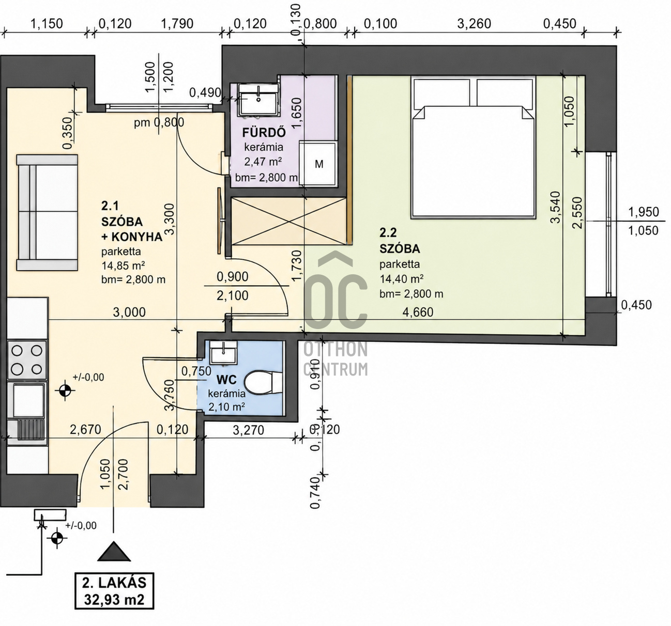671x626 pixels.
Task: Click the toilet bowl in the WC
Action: coord(264,384)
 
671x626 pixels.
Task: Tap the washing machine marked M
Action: coord(318,164)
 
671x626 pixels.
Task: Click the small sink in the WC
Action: coord(223,353)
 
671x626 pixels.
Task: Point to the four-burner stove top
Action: coord(27,359)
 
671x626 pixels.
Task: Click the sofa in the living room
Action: coord(47,212)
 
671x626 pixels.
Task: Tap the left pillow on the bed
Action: coord(443,92)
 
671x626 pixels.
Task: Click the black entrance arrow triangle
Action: coord(114,552)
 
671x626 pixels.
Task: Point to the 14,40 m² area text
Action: coord(402,279)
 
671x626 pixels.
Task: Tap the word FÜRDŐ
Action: coord(264,133)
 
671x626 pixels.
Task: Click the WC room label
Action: coord(227,380)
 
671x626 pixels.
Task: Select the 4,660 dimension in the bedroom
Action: coord(418,311)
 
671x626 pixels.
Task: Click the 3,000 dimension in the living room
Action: coord(129,312)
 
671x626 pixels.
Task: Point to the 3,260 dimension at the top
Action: coord(474,24)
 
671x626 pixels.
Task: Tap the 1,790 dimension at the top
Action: coord(177,24)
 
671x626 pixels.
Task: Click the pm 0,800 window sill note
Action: coord(159,122)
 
